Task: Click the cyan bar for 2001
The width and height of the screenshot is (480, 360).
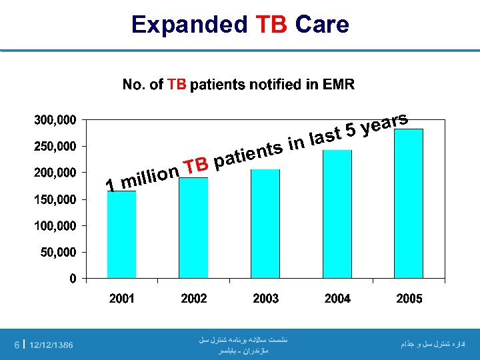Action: tap(121, 234)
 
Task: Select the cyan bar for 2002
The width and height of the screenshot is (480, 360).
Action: tap(193, 227)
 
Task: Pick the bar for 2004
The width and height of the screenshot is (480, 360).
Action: tap(337, 213)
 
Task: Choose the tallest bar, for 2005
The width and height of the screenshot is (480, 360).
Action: tap(409, 203)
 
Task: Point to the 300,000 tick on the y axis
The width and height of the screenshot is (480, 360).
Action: tap(55, 120)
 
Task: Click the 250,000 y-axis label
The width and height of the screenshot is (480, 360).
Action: tap(55, 146)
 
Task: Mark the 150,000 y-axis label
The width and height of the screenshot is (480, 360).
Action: tap(55, 199)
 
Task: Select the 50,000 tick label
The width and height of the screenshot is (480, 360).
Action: tap(59, 253)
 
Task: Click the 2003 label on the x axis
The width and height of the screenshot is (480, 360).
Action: tap(265, 299)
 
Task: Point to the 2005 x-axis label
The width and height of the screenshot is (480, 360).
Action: tap(409, 299)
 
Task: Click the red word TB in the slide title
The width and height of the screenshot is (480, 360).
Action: tap(271, 25)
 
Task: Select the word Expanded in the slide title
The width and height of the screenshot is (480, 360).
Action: tap(189, 25)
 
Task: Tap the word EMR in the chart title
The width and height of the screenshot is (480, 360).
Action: tap(339, 85)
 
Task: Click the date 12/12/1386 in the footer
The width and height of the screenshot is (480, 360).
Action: tap(51, 345)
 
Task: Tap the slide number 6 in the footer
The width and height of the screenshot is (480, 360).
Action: tap(17, 345)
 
